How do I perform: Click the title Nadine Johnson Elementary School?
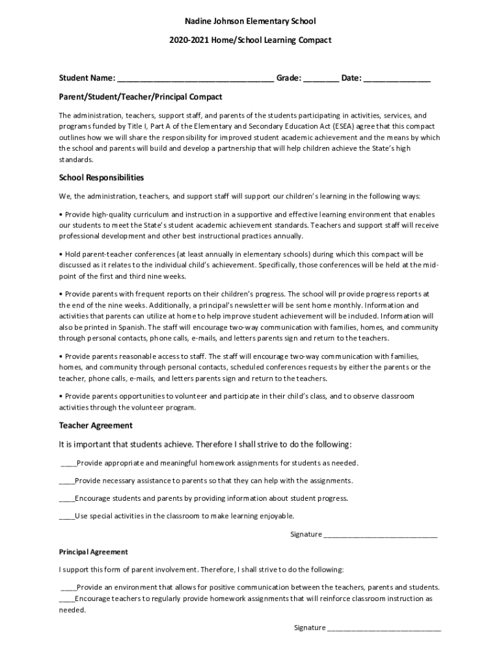250,22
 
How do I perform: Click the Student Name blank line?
195,79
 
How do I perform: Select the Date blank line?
397,79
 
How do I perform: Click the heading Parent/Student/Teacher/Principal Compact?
141,97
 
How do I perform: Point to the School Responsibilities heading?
102,178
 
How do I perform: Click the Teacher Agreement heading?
96,425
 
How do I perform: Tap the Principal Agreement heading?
93,552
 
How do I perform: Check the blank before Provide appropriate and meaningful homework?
68,464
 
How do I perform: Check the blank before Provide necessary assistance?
66,481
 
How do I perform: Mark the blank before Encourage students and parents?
66,499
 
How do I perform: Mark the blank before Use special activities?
66,516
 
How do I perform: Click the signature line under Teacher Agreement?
381,535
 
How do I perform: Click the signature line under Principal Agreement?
384,628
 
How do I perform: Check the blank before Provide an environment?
68,587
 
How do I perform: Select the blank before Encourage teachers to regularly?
66,599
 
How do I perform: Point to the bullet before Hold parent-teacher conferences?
61,254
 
